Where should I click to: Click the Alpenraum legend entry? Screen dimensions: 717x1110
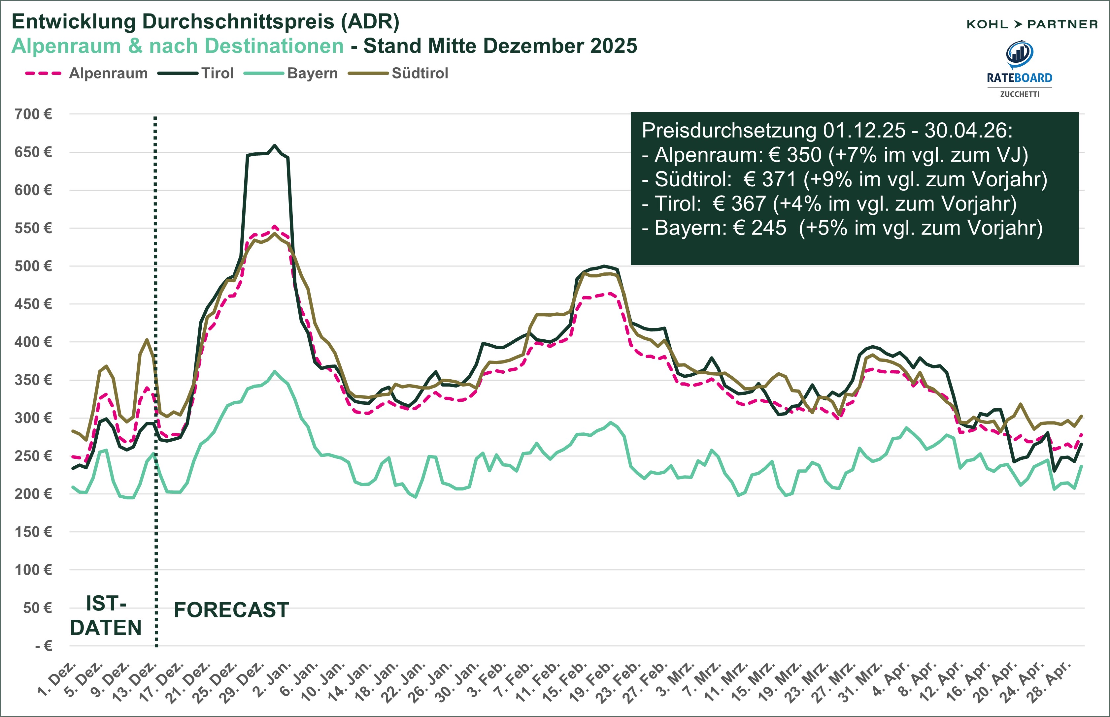108,74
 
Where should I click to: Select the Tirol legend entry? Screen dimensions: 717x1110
217,74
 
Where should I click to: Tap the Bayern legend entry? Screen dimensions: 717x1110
312,74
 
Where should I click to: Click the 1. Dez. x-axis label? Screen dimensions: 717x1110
58,680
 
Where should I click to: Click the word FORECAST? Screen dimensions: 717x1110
231,610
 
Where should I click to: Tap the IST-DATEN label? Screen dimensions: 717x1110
106,615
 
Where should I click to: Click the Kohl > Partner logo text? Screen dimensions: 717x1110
1032,24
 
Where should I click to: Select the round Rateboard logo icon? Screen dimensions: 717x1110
1020,54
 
